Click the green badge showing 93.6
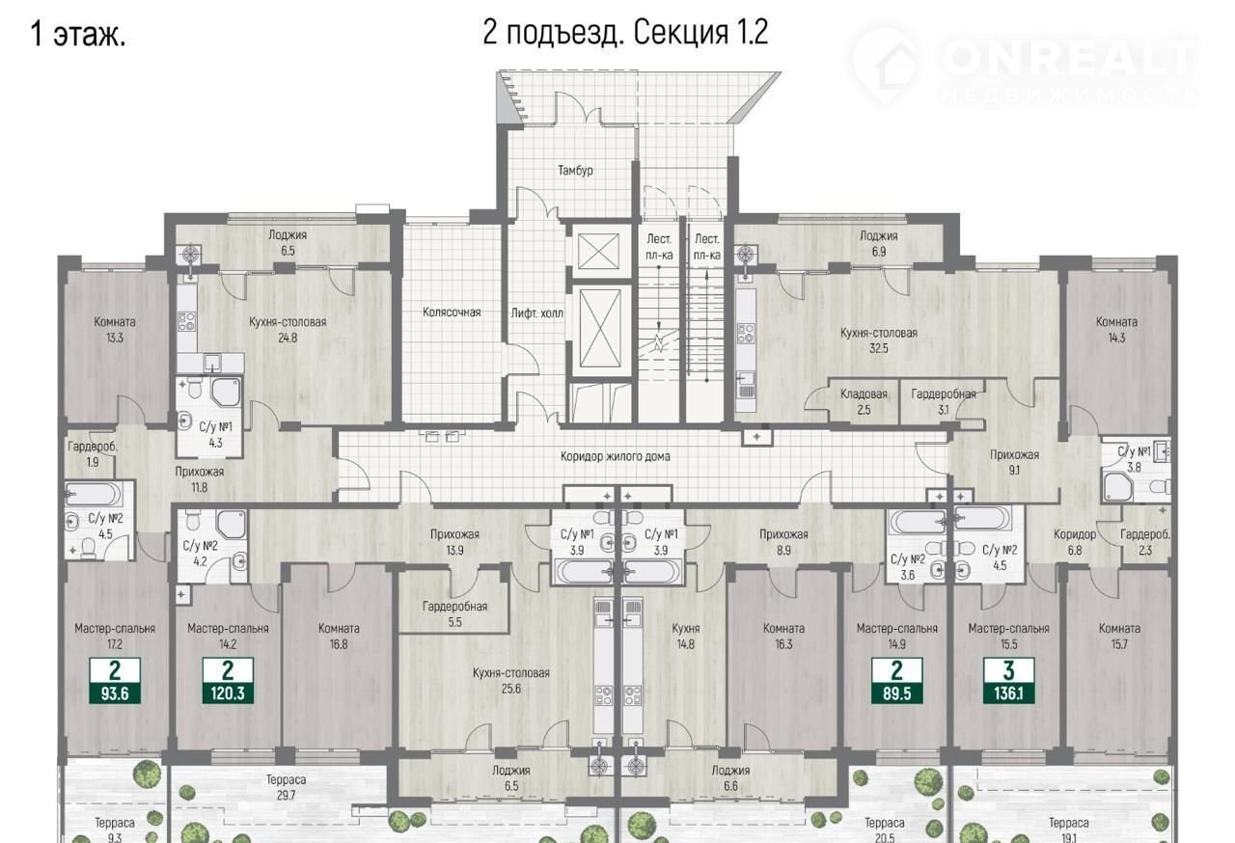(115, 680)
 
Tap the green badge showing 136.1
(1008, 680)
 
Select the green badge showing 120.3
(228, 680)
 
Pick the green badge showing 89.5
(896, 680)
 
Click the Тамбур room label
(575, 171)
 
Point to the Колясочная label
(452, 313)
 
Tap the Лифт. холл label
(537, 313)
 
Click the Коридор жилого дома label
(616, 456)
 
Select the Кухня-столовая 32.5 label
(878, 340)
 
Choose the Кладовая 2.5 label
(864, 401)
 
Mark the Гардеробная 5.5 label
(454, 614)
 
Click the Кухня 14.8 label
(686, 636)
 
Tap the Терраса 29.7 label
(286, 787)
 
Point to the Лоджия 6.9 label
(878, 243)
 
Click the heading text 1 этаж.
(78, 34)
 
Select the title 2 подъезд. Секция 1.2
(625, 33)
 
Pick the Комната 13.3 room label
(115, 330)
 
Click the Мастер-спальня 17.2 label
(115, 636)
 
